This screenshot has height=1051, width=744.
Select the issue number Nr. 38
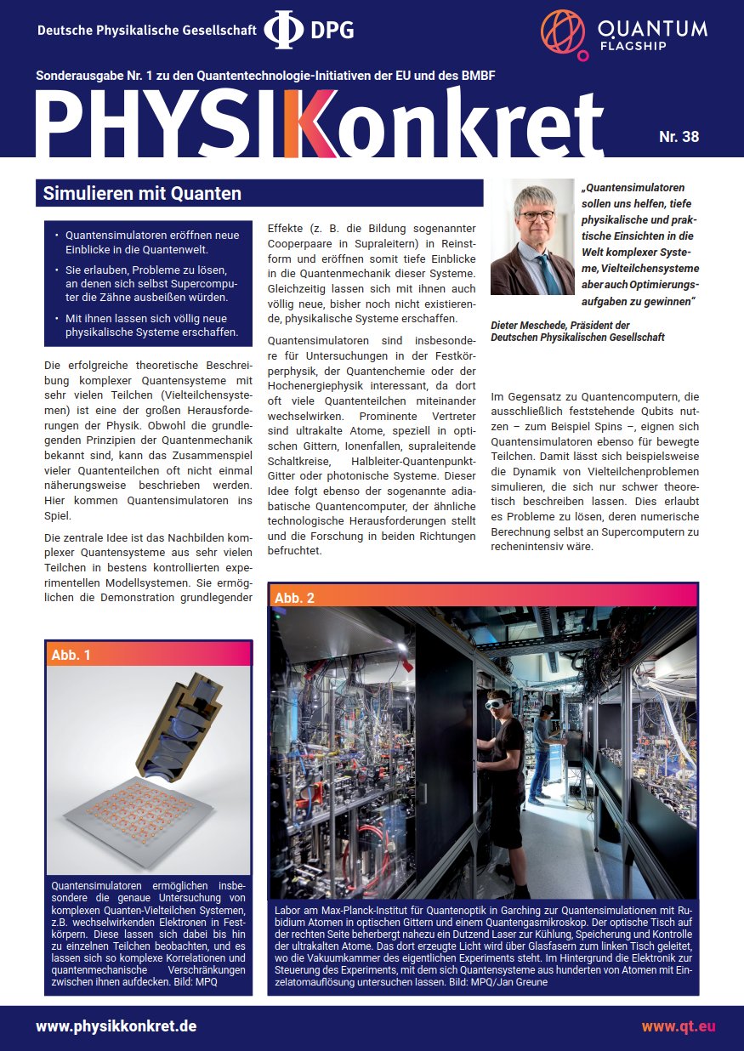click(679, 136)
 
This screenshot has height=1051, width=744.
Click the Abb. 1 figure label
click(71, 654)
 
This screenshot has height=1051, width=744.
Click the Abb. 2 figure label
click(294, 597)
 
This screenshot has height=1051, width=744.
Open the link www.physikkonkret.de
click(116, 1025)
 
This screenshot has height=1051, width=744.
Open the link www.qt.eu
click(678, 1025)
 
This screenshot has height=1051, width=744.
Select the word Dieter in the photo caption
click(508, 326)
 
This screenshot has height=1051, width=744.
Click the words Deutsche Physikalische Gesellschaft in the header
click(146, 31)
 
